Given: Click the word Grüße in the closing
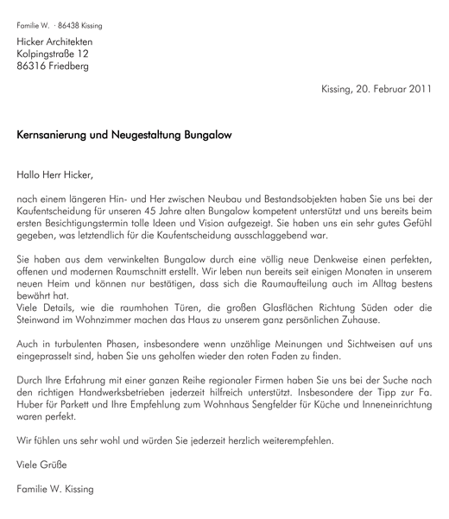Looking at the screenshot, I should tap(56, 465).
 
